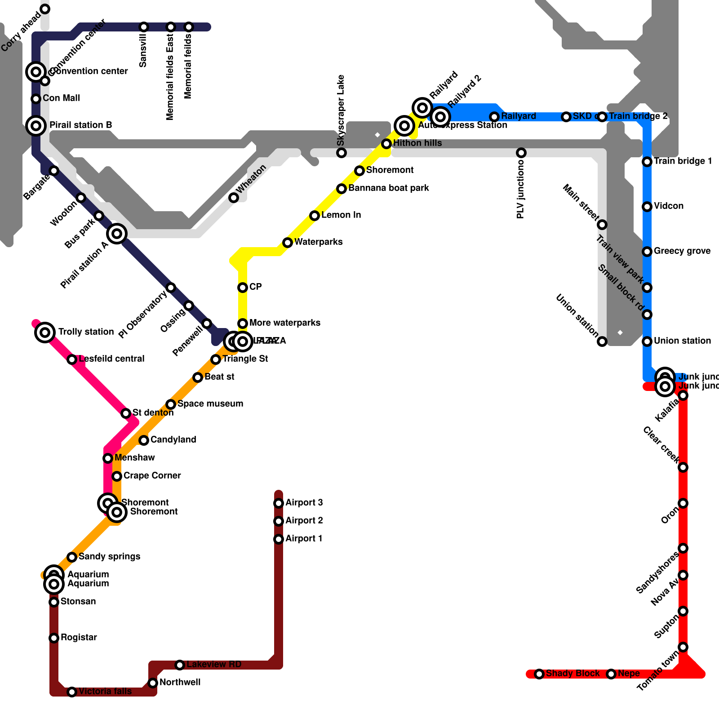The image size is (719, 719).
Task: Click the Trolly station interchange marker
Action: (x=45, y=333)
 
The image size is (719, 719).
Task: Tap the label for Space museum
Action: (x=210, y=404)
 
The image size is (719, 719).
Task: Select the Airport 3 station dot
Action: (x=279, y=503)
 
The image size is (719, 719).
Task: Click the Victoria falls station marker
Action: (x=72, y=692)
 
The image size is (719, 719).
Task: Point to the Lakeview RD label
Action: (x=213, y=665)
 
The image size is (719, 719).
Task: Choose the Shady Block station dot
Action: (x=539, y=674)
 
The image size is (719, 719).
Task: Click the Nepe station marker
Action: (x=611, y=674)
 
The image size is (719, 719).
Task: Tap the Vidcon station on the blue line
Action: (x=647, y=207)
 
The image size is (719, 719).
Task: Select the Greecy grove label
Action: (x=682, y=251)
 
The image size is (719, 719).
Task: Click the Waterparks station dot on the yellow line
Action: (x=288, y=243)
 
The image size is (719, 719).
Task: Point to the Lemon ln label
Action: (x=341, y=215)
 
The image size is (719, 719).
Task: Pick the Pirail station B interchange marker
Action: (x=36, y=126)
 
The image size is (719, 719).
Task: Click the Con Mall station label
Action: (x=61, y=98)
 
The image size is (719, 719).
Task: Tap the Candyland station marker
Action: (x=144, y=440)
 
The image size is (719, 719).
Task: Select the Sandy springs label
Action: (x=109, y=557)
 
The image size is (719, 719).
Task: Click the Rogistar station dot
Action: (x=54, y=638)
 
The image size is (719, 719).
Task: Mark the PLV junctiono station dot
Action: (x=521, y=153)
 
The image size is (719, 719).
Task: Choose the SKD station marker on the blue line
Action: (x=566, y=117)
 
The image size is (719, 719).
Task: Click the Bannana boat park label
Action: (x=388, y=188)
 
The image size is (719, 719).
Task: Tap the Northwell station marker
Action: (x=153, y=683)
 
